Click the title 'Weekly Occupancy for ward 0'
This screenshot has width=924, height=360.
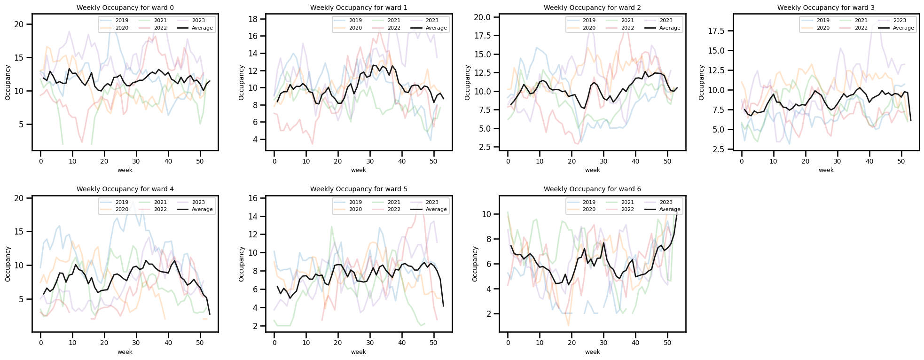coord(125,8)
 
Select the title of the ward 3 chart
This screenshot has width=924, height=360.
coord(826,8)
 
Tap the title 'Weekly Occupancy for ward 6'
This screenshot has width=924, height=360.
coord(592,189)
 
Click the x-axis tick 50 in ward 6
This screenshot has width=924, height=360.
coord(667,343)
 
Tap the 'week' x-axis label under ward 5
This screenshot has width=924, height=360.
coord(359,352)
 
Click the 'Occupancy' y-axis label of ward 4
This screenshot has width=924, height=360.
coord(8,264)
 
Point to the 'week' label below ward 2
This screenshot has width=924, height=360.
coord(592,170)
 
